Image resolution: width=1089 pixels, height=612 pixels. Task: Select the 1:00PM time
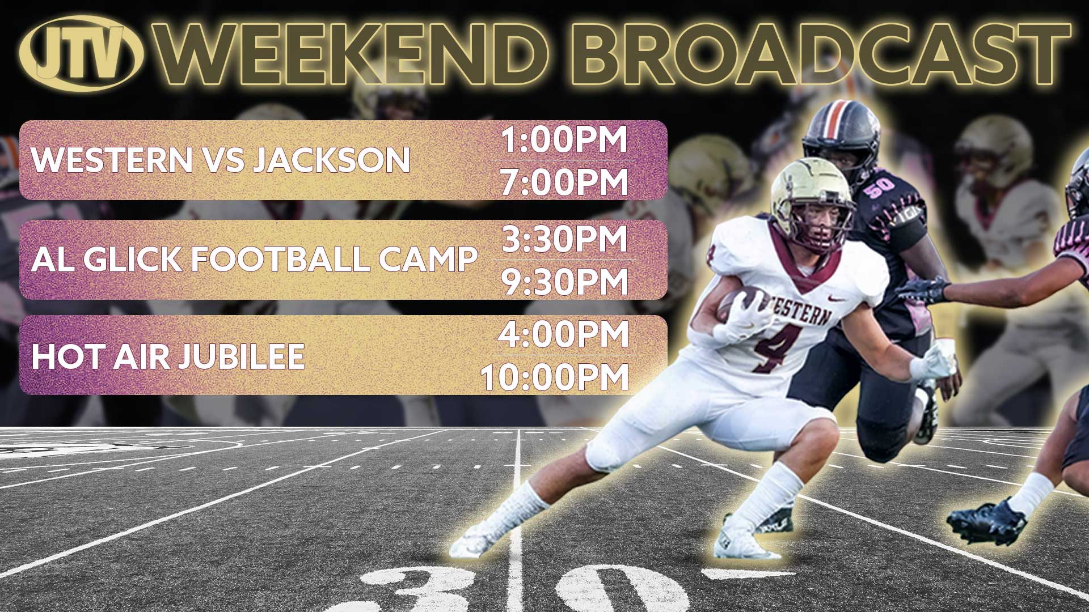point(564,139)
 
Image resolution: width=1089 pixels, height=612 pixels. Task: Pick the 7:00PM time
point(564,182)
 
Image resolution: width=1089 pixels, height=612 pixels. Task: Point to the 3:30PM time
point(565,239)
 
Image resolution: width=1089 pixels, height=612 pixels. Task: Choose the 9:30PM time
point(565,282)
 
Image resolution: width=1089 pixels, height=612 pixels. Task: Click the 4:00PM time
point(563,334)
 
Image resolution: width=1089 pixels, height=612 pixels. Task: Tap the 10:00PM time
point(555,377)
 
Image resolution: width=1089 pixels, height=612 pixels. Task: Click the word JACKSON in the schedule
point(331,160)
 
